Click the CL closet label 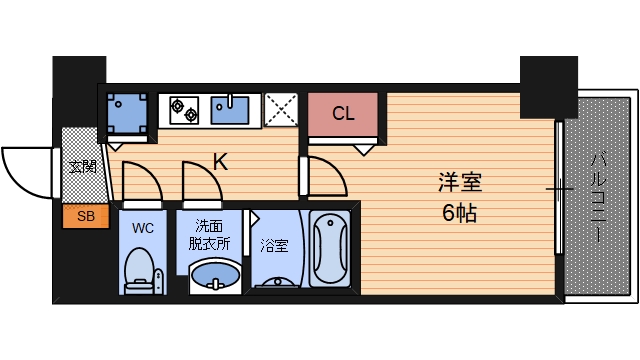[x=343, y=113]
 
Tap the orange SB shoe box [x=86, y=216]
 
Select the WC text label [x=143, y=228]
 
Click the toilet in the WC [x=139, y=271]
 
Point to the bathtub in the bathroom [x=330, y=249]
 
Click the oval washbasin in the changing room [x=215, y=276]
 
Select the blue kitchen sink [x=230, y=110]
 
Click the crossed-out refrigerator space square [x=281, y=109]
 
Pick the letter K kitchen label [x=220, y=162]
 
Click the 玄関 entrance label [x=82, y=167]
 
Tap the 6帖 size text [x=460, y=213]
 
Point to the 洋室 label [x=460, y=182]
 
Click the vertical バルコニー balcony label [x=599, y=198]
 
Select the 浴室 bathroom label [x=274, y=246]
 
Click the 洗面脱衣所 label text [x=209, y=234]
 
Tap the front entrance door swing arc [x=16, y=180]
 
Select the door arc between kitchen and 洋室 [x=336, y=170]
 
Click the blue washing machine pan [x=127, y=113]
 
